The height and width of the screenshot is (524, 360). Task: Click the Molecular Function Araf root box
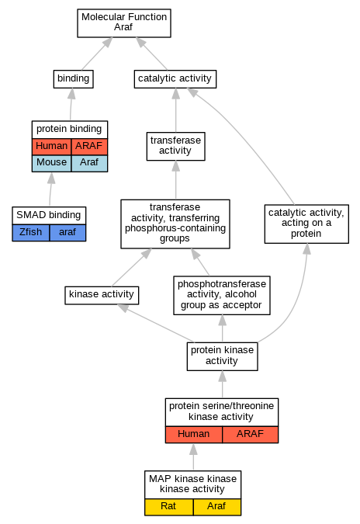124,23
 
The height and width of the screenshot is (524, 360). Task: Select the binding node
73,79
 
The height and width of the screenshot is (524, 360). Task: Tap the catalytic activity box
175,79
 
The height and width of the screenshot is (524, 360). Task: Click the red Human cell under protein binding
51,147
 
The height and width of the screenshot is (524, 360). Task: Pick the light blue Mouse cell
51,164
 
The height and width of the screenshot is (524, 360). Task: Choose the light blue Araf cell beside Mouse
89,164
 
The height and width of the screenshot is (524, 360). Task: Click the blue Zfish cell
31,233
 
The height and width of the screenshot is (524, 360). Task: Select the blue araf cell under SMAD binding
67,233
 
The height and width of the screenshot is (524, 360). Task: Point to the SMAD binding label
49,215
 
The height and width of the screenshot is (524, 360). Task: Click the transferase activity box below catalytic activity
175,146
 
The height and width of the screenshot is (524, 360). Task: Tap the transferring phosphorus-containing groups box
175,224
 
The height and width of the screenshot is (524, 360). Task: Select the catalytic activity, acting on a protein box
306,224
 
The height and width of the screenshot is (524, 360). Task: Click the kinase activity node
102,295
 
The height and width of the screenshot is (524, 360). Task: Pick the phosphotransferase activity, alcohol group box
222,295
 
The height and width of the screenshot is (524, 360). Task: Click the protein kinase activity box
222,356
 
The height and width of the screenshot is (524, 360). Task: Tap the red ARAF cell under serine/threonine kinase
250,435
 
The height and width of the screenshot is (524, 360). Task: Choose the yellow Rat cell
168,507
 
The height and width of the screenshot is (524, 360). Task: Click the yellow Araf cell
216,507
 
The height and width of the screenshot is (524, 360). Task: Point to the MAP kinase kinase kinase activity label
192,484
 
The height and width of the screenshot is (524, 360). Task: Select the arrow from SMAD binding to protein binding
50,189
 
